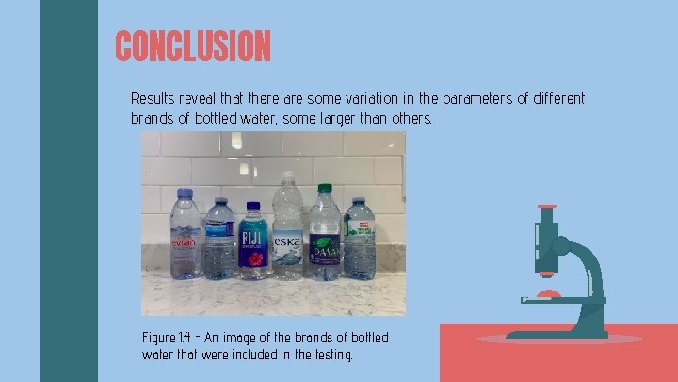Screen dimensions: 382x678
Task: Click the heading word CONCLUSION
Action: (x=193, y=45)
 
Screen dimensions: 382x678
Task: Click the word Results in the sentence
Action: (x=152, y=98)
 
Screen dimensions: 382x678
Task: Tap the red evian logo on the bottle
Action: (x=183, y=243)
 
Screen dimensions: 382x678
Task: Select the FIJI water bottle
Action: (x=252, y=242)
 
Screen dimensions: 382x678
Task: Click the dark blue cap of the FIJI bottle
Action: (x=252, y=206)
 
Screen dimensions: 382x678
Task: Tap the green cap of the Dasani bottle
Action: (x=325, y=188)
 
